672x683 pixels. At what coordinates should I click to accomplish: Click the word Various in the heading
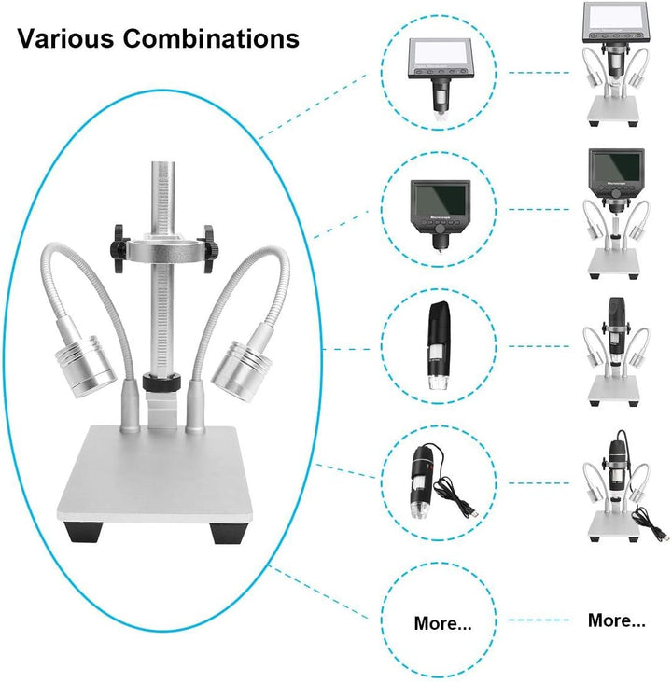coord(66,38)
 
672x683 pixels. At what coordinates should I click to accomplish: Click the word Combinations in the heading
coord(211,38)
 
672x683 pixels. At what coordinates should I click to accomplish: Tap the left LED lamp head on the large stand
coord(85,365)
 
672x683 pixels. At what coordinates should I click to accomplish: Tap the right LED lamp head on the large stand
coord(241,370)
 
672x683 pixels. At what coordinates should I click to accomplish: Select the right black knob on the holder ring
coord(209,249)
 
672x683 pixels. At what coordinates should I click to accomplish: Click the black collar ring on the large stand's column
coord(161,381)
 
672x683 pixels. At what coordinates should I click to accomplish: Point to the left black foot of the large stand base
coord(84,532)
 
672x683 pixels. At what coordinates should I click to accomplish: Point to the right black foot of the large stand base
coord(227,532)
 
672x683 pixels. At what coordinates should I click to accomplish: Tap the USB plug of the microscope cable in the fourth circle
coord(473,512)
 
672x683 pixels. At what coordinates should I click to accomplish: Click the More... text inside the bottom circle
coord(442,623)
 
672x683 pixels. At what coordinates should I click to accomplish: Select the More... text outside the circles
coord(617,620)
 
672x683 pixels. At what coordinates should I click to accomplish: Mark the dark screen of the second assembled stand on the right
coord(616,165)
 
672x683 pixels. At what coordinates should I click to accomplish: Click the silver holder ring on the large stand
coord(164,251)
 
